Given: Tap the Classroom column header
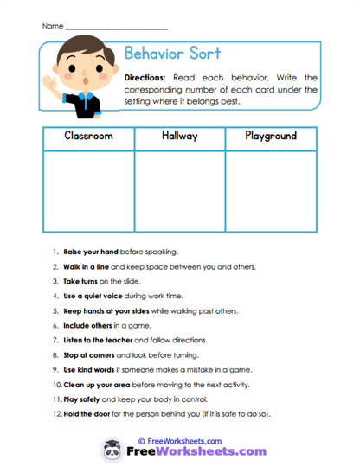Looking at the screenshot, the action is pos(88,137).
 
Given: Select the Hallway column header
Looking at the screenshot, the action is pos(180,137).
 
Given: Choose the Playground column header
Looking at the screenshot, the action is pos(271,137).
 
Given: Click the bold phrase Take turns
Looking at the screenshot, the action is pos(81,281).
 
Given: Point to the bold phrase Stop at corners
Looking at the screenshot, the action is pos(88,354).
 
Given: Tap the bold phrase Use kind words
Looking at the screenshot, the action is pos(89,369).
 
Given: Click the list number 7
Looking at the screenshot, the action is pos(56,340).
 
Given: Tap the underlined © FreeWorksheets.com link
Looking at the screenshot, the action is pos(180,439).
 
